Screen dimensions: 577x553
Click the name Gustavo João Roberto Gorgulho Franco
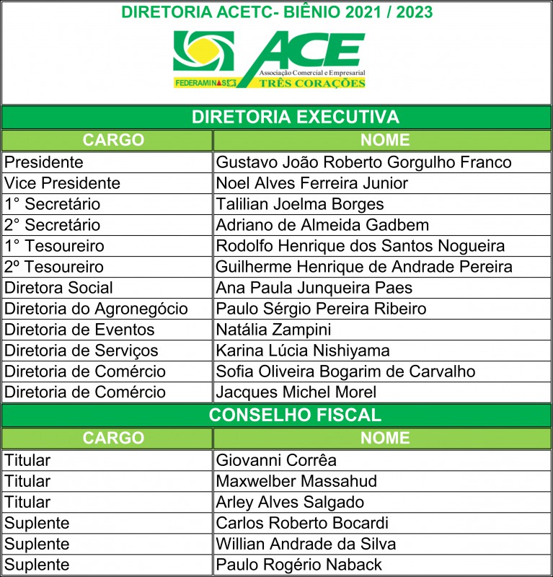point(364,162)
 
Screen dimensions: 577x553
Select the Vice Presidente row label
point(63,183)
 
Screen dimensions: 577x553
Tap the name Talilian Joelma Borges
point(300,204)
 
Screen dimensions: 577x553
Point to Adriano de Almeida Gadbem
point(322,225)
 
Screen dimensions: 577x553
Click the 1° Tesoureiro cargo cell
point(54,246)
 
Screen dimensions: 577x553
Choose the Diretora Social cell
point(59,288)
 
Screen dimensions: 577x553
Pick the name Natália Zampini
point(274,330)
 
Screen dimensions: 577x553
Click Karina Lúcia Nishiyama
point(303,351)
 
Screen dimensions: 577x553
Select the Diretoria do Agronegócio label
point(96,309)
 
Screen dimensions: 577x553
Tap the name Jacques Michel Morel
point(296,392)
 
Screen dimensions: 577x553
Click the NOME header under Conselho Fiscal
point(384,438)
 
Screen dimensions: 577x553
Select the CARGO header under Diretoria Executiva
point(113,140)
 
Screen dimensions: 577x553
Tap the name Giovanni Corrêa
point(276,460)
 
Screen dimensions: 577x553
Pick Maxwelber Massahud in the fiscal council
point(296,481)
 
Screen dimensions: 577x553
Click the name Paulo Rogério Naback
point(299,564)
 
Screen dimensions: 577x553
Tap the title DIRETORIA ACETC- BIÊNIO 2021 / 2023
point(278,12)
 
